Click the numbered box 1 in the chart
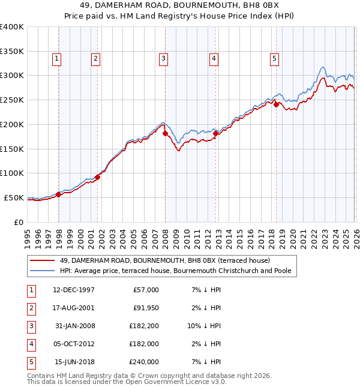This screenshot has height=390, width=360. [56, 58]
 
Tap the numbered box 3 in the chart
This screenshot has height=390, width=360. [163, 58]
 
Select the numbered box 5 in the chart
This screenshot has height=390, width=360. [274, 58]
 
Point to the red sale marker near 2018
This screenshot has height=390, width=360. [276, 104]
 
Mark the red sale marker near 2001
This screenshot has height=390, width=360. [97, 177]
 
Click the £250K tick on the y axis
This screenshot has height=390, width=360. [11, 100]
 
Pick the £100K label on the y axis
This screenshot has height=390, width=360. [11, 173]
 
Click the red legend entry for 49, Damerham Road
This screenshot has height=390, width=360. [165, 260]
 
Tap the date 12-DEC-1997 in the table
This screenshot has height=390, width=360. [74, 290]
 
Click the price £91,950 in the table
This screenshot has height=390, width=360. [146, 308]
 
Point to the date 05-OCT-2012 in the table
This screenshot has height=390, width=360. [74, 344]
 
